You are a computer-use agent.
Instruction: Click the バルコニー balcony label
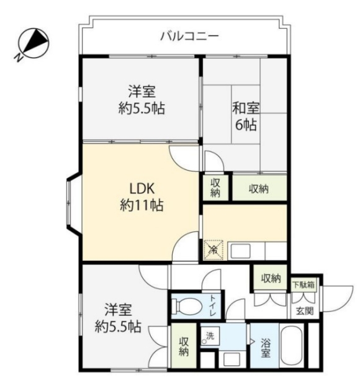[189, 37]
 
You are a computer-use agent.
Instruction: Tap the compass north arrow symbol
[33, 43]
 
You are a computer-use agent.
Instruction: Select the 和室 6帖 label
[246, 116]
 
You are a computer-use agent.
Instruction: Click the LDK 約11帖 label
[142, 197]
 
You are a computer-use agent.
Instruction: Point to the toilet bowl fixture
[186, 307]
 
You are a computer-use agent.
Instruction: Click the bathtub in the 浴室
[292, 346]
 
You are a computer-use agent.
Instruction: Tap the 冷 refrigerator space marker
[214, 250]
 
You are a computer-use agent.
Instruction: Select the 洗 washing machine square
[210, 336]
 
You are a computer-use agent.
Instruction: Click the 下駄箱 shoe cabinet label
[304, 285]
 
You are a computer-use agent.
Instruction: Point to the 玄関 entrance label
[305, 311]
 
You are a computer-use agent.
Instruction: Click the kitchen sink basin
[240, 251]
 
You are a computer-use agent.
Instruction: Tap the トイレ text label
[214, 305]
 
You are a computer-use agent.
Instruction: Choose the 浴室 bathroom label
[265, 348]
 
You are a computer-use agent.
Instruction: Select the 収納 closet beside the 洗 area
[184, 346]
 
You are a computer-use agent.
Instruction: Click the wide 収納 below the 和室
[259, 188]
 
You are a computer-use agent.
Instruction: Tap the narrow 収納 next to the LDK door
[215, 188]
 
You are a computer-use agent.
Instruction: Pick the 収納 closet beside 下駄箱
[270, 279]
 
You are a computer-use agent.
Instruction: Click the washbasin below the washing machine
[232, 359]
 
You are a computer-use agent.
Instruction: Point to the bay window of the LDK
[73, 203]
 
